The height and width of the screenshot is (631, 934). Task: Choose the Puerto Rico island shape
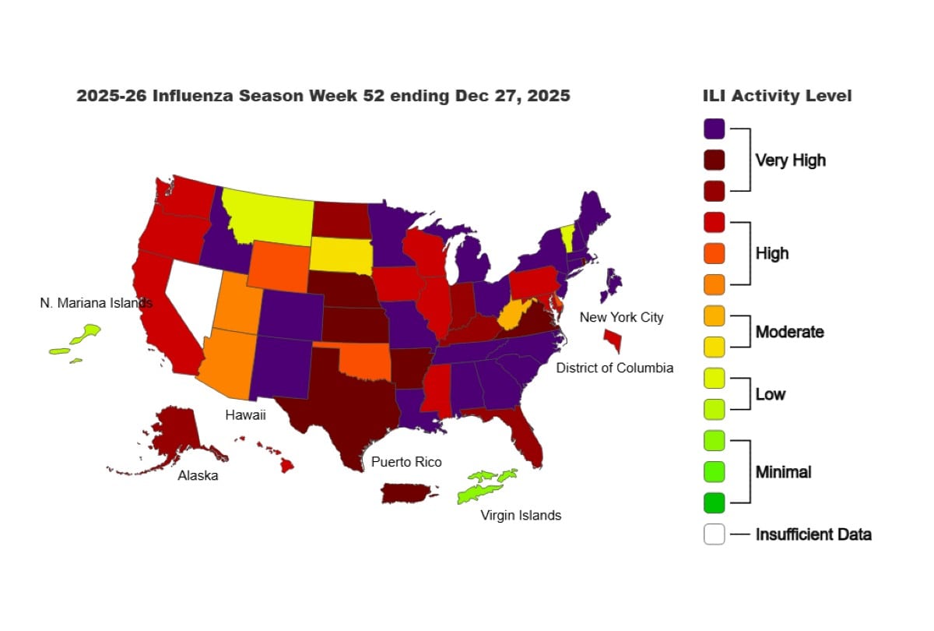coord(406,493)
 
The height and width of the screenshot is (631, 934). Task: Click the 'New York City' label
coord(621,317)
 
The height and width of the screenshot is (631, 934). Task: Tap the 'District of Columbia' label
coord(615,368)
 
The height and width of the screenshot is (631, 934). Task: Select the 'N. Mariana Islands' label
coord(96,302)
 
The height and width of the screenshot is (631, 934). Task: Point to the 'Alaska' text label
coord(198,475)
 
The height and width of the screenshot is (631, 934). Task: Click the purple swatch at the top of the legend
coord(714,129)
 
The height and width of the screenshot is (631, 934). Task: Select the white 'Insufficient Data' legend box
coord(714,534)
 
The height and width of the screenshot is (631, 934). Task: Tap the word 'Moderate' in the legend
coord(789,332)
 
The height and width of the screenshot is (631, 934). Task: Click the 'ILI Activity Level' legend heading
coord(777,96)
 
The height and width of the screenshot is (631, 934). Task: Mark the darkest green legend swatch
coord(714,503)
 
